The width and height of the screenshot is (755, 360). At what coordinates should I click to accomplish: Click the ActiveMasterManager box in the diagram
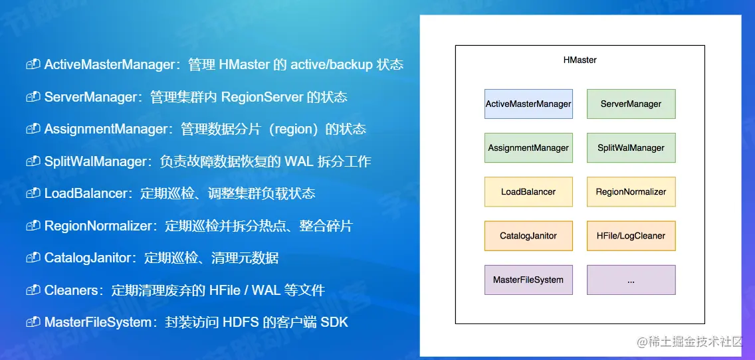click(528, 104)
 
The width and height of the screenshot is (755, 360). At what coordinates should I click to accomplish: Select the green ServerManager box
click(631, 104)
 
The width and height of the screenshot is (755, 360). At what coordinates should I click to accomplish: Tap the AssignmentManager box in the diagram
click(528, 147)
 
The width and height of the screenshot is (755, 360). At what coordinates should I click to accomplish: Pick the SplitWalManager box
click(631, 147)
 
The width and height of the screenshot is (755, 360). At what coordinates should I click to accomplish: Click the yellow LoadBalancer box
click(528, 191)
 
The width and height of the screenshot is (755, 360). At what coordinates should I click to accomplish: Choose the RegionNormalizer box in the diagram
click(631, 191)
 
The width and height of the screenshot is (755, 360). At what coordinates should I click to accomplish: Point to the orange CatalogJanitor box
click(528, 236)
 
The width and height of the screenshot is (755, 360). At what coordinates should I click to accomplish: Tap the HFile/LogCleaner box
click(631, 236)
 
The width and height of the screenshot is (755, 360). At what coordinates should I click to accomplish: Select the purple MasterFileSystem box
click(528, 280)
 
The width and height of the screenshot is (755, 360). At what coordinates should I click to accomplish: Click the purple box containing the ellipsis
click(631, 280)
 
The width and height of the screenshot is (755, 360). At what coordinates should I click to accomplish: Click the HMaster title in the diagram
click(580, 60)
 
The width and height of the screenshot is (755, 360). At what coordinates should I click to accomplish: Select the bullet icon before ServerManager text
click(33, 97)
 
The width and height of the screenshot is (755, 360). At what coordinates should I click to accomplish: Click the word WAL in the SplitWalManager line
click(299, 161)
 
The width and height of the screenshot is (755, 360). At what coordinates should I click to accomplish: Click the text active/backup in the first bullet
click(330, 64)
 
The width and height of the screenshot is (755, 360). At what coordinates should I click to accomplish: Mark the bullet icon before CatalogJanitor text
click(33, 258)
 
